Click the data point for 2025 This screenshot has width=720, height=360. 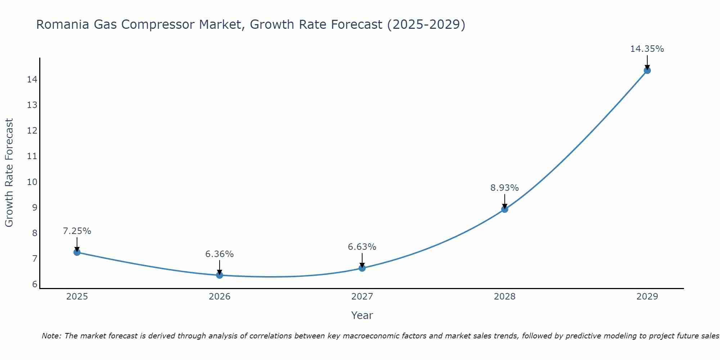coord(77,252)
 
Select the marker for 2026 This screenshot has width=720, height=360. coord(220,275)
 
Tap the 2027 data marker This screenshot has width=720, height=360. coord(362,268)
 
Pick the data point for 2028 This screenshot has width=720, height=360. coord(505,209)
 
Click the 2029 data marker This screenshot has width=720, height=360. coord(647,70)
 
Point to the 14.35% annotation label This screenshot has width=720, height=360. coord(647,49)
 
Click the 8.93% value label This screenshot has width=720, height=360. coord(504,188)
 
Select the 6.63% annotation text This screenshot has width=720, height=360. coord(362,247)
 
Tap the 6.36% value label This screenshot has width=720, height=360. coord(219,254)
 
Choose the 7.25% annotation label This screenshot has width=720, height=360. coord(77,231)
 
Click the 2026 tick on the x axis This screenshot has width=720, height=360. coord(220,297)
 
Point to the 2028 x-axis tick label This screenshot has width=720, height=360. coord(505,297)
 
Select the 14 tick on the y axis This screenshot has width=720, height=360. coord(32,79)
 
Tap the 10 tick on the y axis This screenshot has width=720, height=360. coord(32,182)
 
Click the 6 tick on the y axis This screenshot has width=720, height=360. coord(35,284)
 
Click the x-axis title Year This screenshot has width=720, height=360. coord(362,315)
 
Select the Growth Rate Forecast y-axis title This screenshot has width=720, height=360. coord(9,173)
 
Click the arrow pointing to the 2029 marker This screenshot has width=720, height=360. coord(647,62)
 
